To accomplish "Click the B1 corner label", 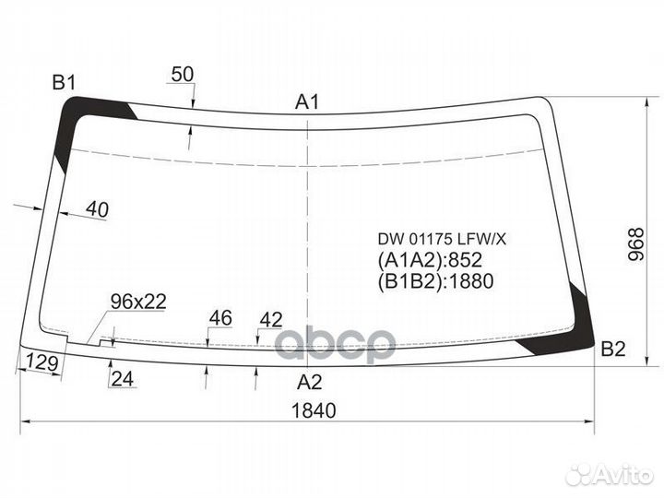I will (63, 83).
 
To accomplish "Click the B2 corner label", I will (613, 349).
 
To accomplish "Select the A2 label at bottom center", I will (310, 381).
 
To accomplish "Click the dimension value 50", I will (184, 76).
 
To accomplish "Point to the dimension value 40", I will (96, 210).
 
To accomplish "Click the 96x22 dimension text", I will (137, 302).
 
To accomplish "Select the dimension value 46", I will (219, 318).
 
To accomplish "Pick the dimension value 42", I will (270, 319).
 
